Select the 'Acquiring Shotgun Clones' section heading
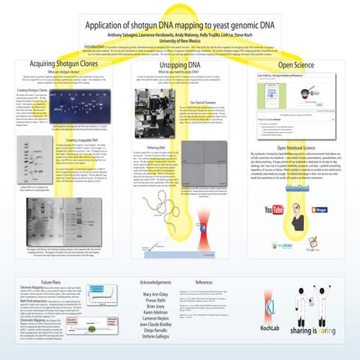point(61,64)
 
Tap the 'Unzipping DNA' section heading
point(180,64)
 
